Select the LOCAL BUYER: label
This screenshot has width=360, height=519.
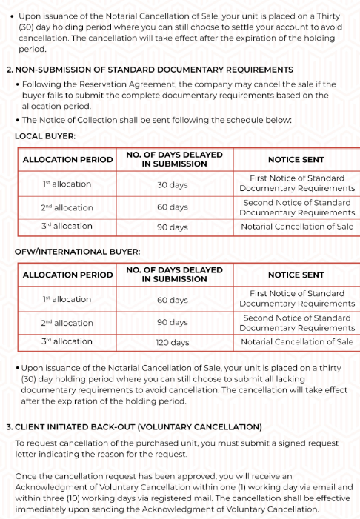pyautogui.click(x=44, y=136)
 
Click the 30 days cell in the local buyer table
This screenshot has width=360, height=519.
pyautogui.click(x=173, y=184)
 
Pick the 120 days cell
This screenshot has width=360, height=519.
pyautogui.click(x=173, y=342)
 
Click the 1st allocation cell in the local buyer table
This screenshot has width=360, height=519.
pyautogui.click(x=67, y=184)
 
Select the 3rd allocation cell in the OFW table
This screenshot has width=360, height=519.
pyautogui.click(x=67, y=341)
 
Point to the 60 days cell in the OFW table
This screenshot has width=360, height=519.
pyautogui.click(x=173, y=300)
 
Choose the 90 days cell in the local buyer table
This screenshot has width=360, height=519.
pyautogui.click(x=173, y=227)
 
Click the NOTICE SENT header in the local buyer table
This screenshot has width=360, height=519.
pyautogui.click(x=296, y=159)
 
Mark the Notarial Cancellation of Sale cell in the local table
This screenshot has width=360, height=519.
pyautogui.click(x=297, y=227)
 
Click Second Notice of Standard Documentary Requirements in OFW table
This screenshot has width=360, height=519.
pyautogui.click(x=297, y=323)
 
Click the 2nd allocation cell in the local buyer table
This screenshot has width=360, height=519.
pyautogui.click(x=67, y=207)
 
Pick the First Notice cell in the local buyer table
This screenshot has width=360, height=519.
pyautogui.click(x=297, y=184)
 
